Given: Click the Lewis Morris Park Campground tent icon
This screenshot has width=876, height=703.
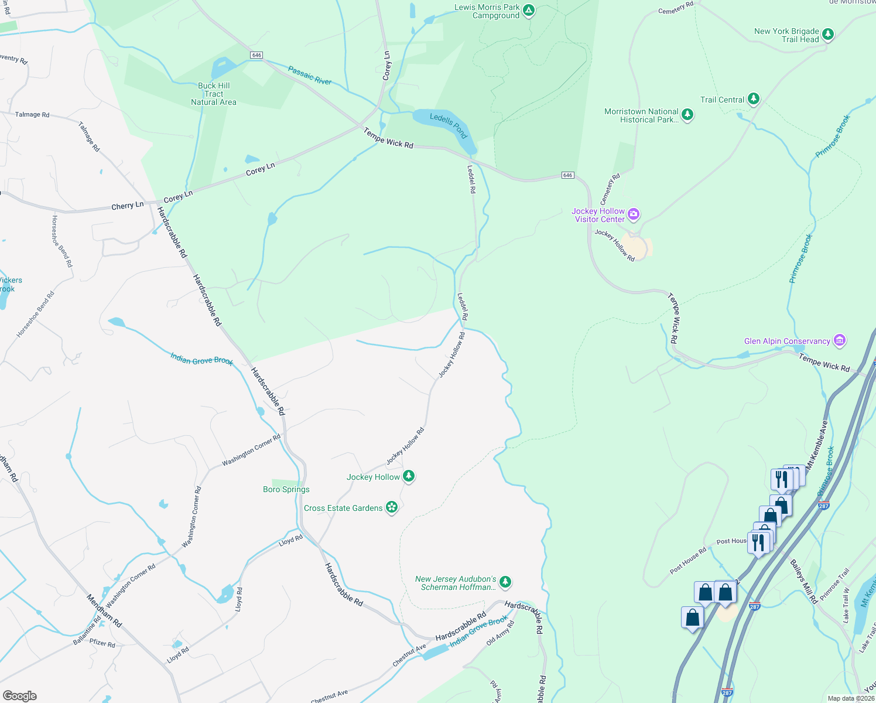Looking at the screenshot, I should click(529, 10).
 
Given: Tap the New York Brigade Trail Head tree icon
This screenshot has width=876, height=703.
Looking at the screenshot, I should click(827, 34).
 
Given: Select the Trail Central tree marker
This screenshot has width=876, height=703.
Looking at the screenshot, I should click(754, 98).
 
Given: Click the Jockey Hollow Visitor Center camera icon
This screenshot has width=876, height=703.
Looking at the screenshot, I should click(633, 214).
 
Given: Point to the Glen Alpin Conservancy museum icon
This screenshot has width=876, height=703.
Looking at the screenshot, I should click(840, 340).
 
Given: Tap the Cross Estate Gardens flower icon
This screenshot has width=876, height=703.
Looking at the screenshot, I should click(392, 507).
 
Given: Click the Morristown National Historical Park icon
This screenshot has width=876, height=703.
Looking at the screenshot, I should click(687, 115).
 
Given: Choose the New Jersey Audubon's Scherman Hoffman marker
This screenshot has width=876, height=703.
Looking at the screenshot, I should click(505, 582).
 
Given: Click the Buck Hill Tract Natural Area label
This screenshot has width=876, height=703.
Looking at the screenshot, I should click(214, 94).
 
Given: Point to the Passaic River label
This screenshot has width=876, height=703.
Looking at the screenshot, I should click(310, 76).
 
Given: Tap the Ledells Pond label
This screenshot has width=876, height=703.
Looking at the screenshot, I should click(449, 124).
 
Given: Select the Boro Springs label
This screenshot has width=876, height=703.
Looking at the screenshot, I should click(286, 489).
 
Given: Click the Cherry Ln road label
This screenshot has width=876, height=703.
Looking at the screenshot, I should click(128, 206).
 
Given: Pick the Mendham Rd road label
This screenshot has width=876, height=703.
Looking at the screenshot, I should click(104, 611).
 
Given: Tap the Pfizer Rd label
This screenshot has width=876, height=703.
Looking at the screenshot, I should click(102, 643).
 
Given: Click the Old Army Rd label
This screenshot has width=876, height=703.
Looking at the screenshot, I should click(500, 633).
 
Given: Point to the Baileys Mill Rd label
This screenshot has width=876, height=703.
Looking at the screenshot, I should click(804, 582).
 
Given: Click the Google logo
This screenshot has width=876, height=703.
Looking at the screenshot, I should click(20, 695).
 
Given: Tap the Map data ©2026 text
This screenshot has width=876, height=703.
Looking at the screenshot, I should click(850, 698).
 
